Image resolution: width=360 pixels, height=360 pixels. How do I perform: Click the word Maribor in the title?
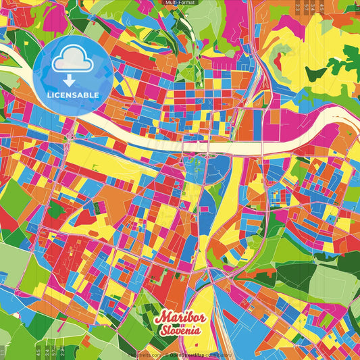point(178,317)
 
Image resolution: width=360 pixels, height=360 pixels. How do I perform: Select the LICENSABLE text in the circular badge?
point(72,94)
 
